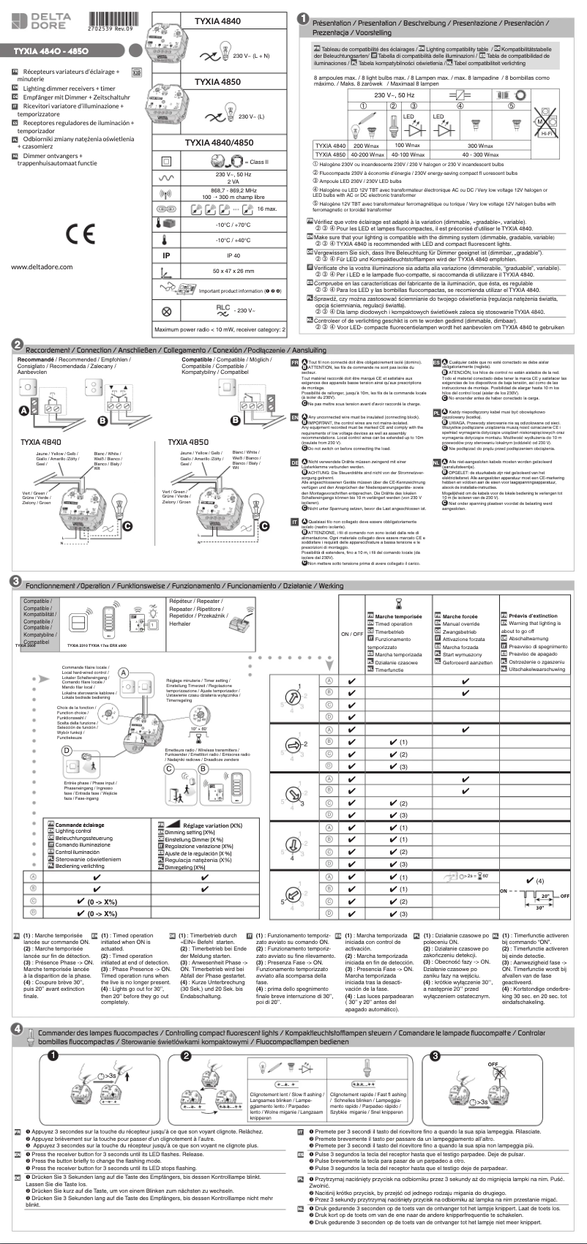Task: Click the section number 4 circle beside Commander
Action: (x=15, y=1028)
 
